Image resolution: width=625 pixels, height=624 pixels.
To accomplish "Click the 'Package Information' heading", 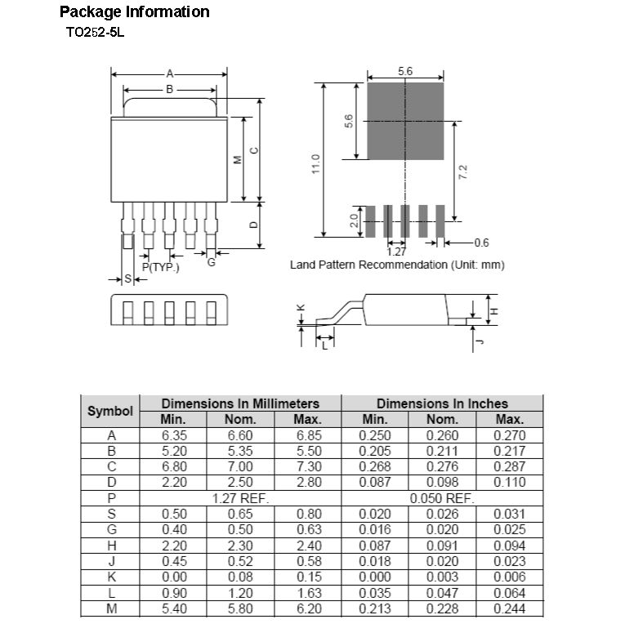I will point(134,11).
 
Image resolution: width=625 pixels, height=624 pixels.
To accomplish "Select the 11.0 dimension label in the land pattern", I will point(315,163).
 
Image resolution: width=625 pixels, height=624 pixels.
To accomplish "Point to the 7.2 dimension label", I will point(462,172).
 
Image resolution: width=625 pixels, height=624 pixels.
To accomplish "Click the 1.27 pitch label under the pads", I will point(397,252).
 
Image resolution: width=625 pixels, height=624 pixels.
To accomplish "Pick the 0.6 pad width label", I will point(481,243).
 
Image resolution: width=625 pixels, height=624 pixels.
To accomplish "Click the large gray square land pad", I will point(405,121).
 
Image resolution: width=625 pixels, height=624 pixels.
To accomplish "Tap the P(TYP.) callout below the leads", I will point(160,267).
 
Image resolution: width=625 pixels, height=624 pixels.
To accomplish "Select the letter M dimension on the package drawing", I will point(237,159).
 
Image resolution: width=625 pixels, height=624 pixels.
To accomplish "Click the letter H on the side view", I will point(494,311).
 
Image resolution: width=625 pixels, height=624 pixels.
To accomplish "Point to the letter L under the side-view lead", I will point(324,345).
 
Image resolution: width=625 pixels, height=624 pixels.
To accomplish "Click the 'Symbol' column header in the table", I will point(110,411).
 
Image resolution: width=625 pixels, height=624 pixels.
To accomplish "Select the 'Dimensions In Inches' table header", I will point(442,403).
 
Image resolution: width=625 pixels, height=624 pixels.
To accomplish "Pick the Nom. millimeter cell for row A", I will point(240,435).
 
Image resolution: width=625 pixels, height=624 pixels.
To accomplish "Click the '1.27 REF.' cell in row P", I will point(240,497).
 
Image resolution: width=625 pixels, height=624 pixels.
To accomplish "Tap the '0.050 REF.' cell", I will point(442,497).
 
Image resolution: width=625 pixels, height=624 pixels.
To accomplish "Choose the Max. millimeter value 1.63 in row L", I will point(308,593).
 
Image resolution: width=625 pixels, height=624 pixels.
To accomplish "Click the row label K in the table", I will point(111,577).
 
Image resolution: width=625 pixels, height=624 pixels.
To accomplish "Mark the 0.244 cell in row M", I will point(509,608).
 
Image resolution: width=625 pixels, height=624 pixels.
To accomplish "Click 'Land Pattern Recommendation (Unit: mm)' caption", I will point(397,265).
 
